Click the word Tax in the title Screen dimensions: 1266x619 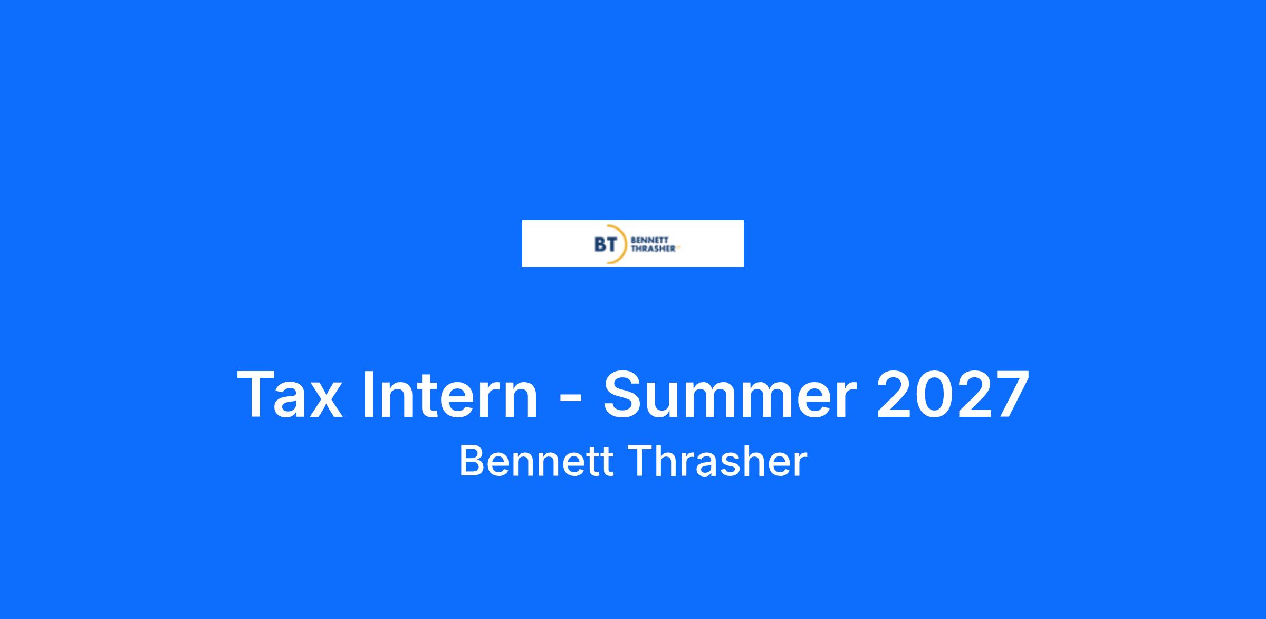click(x=290, y=395)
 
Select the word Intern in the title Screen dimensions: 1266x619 click(x=450, y=395)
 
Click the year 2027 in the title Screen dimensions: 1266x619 click(x=953, y=395)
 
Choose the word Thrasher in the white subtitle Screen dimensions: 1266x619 click(x=718, y=461)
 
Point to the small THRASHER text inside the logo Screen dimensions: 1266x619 click(x=653, y=249)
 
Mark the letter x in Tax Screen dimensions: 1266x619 click(x=325, y=401)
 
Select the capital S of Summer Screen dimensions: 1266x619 click(x=624, y=395)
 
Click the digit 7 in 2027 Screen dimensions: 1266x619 click(x=1011, y=395)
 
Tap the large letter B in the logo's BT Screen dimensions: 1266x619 click(x=600, y=244)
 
